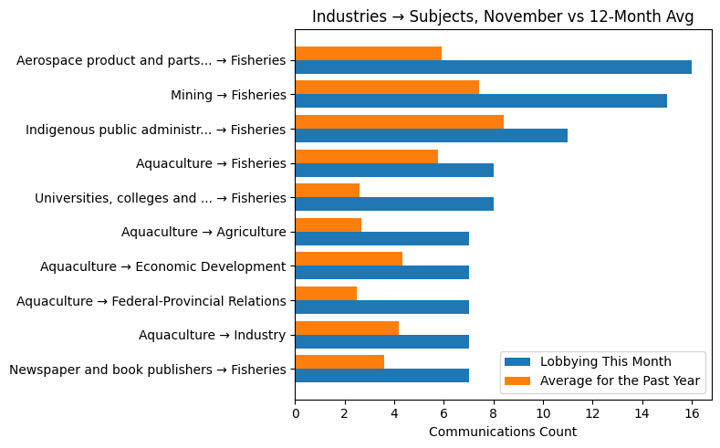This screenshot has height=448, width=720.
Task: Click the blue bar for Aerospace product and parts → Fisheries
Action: click(x=493, y=68)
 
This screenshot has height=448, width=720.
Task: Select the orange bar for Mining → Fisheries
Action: click(x=387, y=88)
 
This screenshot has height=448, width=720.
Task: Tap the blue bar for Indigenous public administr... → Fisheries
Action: click(x=431, y=136)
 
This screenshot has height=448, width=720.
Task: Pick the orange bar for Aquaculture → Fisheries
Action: click(x=366, y=156)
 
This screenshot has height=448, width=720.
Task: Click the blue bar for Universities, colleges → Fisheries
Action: click(x=394, y=204)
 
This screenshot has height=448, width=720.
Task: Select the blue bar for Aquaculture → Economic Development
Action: click(x=381, y=273)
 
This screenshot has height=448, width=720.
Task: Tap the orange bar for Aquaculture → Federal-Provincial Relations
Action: click(x=326, y=293)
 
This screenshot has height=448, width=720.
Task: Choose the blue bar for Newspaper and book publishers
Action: click(x=381, y=376)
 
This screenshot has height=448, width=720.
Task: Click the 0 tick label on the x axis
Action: click(x=296, y=412)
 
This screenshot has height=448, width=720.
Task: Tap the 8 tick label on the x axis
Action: click(x=494, y=412)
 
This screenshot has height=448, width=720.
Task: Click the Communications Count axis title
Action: click(x=503, y=432)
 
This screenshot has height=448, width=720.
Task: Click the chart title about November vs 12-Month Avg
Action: click(x=503, y=16)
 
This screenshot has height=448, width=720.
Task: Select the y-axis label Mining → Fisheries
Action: click(x=228, y=95)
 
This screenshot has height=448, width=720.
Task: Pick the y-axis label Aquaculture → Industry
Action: click(x=212, y=335)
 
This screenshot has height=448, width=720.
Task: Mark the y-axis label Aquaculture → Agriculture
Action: click(x=203, y=232)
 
